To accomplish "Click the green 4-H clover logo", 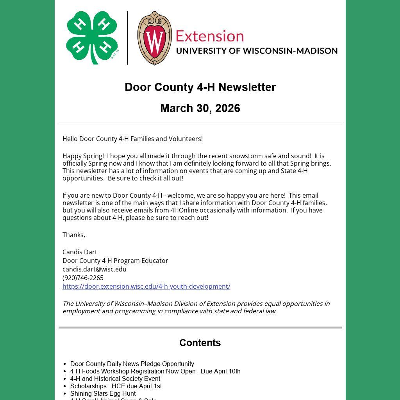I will coord(92,37).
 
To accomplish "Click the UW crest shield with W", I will coord(155,38).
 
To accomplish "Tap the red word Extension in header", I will coord(210,36).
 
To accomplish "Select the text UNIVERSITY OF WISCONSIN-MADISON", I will coord(257,51).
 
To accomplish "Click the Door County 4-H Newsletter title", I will coord(200,87).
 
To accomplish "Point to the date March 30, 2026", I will coord(200,108).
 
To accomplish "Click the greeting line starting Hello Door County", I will coord(132,139).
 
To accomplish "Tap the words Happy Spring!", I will coord(83,156).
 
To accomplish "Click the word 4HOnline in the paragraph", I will coord(184,210).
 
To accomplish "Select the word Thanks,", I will coord(74,235).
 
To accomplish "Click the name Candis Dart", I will coord(80,252).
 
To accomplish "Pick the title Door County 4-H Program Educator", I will coord(115,261).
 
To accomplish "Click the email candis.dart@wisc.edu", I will coord(95,269).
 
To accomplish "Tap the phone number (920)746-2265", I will coord(83,278).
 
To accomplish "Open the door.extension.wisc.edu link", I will coord(146,286).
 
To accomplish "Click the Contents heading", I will coord(200,343).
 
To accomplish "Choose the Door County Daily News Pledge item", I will coord(132,364).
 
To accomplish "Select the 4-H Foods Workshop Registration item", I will coord(155,371).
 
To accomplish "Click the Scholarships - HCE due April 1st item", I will coord(116,386).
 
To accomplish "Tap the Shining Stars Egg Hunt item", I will coord(103,393).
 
